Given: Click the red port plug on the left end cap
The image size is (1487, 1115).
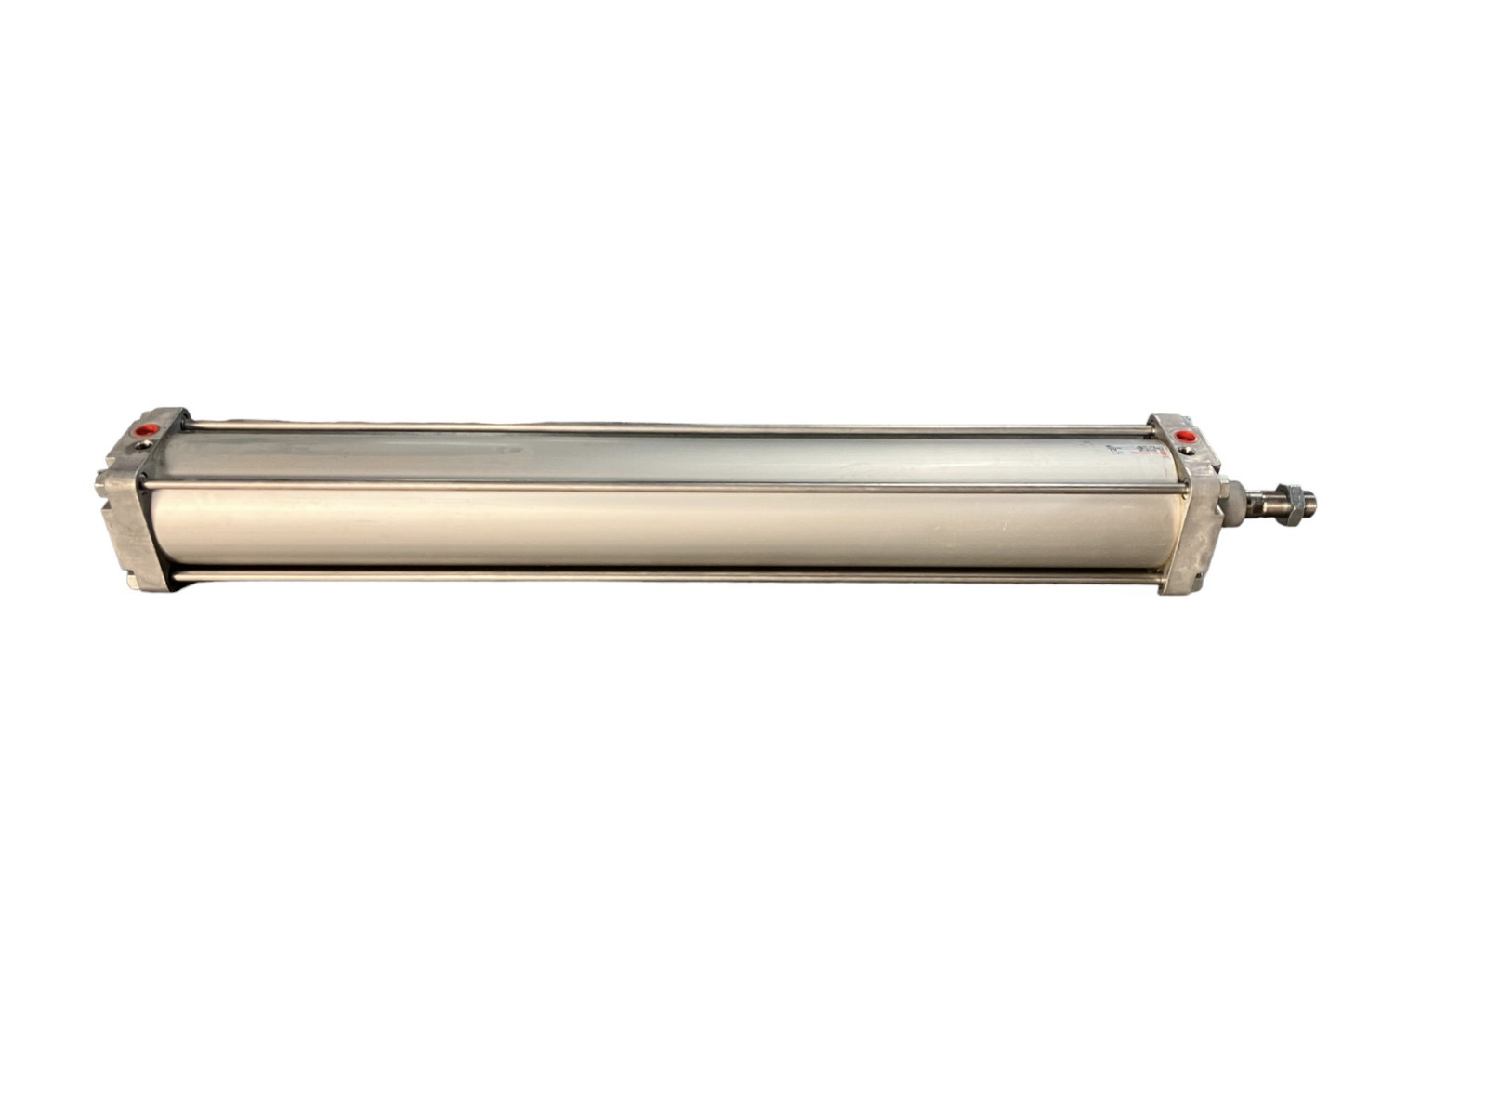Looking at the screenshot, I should pos(147,430).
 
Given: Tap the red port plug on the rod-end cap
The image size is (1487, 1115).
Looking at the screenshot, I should pos(1185,436).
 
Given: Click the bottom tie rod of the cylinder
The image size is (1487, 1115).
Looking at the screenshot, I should pos(651,577).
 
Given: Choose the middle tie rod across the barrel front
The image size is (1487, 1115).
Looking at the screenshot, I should pos(651,486).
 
